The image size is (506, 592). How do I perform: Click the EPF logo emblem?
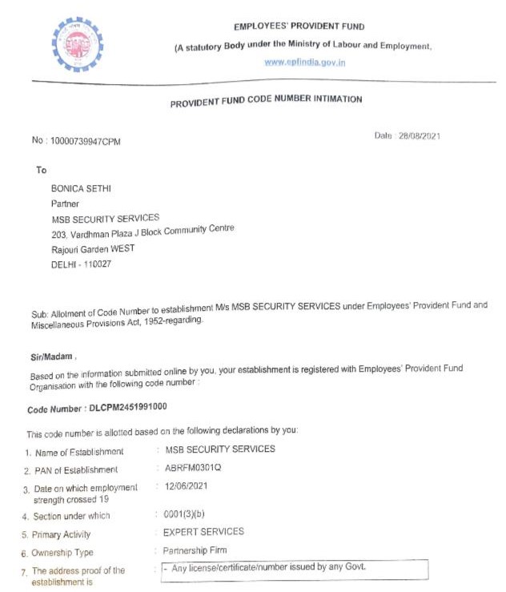(x=78, y=45)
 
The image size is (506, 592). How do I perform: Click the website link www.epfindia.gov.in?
(x=305, y=62)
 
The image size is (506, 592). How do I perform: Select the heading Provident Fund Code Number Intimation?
(x=266, y=101)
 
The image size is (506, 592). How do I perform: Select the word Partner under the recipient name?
(x=65, y=203)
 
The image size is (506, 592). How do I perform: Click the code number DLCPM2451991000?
(x=128, y=407)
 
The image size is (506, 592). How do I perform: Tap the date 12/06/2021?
(x=186, y=486)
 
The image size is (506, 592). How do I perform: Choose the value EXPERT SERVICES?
(x=203, y=532)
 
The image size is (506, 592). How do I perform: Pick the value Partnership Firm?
(x=195, y=550)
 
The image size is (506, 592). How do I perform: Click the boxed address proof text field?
(x=294, y=569)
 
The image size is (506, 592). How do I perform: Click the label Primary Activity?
(x=62, y=534)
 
